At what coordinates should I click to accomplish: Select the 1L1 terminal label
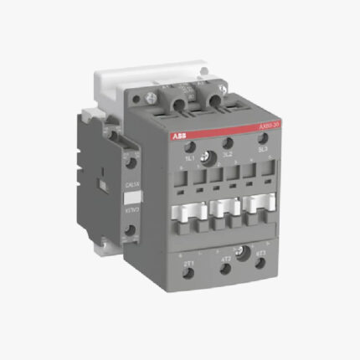tap(190, 157)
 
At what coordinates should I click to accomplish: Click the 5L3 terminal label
tap(263, 152)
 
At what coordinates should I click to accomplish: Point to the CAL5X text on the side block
tap(131, 183)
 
